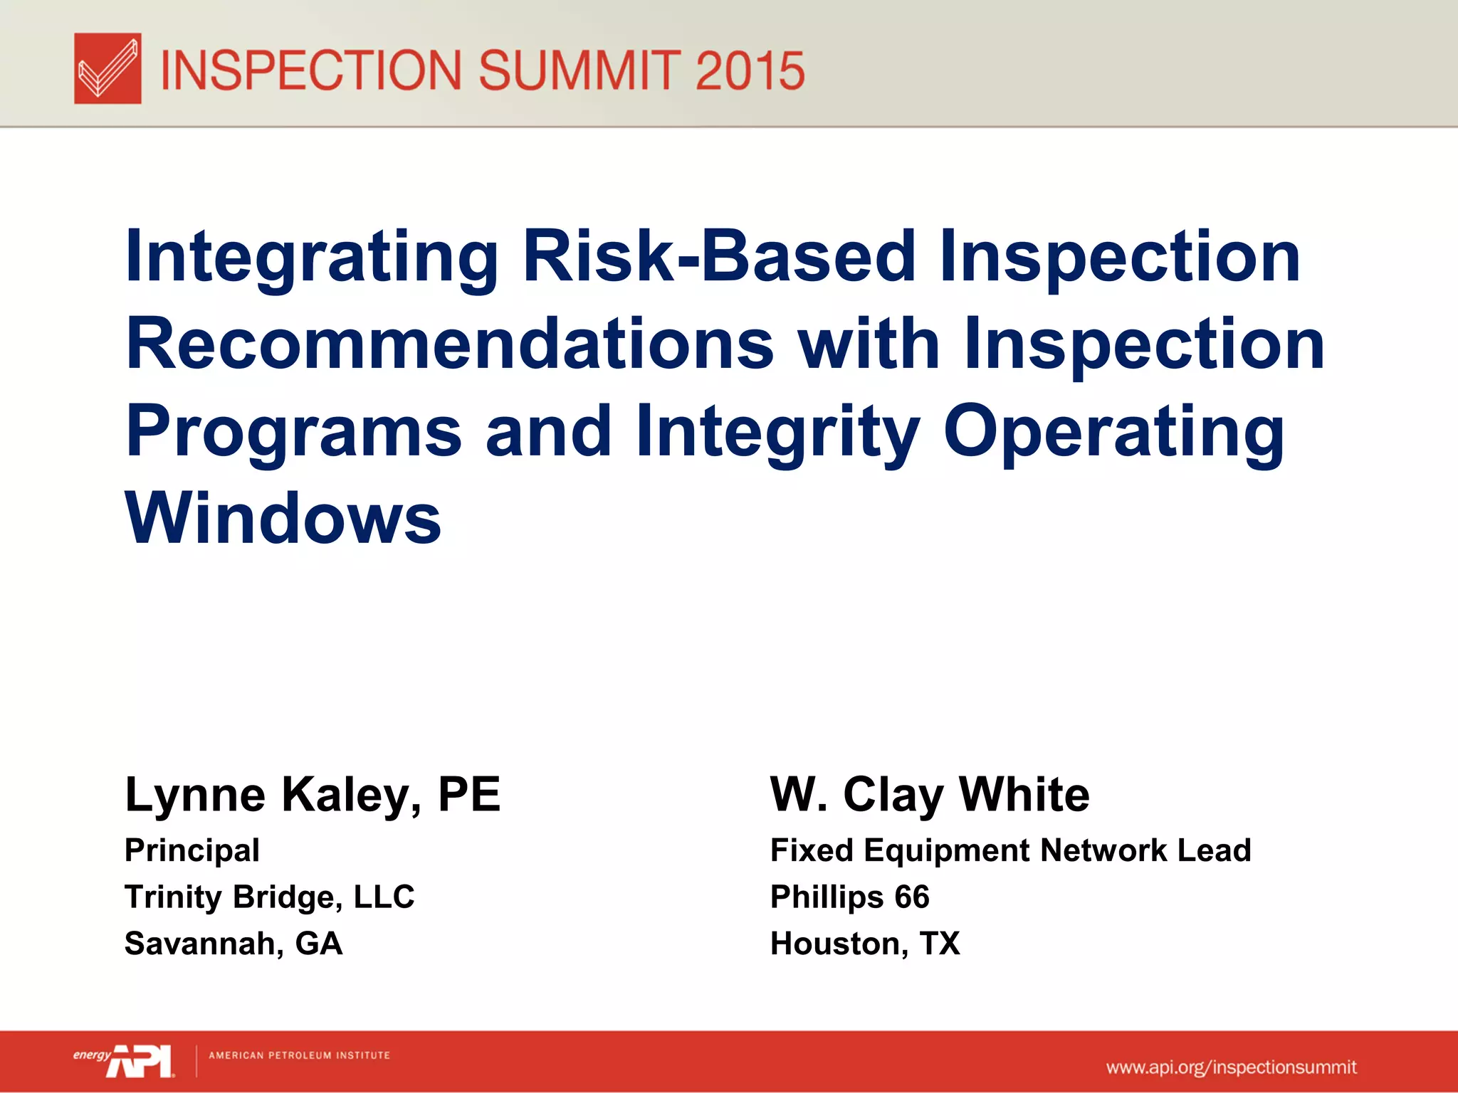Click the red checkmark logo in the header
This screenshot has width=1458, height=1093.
pyautogui.click(x=107, y=68)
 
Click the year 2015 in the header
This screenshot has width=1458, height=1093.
pyautogui.click(x=750, y=71)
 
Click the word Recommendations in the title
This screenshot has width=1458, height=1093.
pyautogui.click(x=450, y=344)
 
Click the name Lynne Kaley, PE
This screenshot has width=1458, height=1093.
pyautogui.click(x=313, y=794)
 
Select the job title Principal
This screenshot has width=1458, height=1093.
pyautogui.click(x=192, y=850)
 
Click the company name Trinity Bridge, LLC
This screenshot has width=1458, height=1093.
pyautogui.click(x=269, y=897)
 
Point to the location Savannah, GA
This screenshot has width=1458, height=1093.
pyautogui.click(x=234, y=944)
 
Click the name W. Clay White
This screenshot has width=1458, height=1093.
pyautogui.click(x=930, y=794)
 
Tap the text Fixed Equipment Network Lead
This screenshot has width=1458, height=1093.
pyautogui.click(x=1010, y=850)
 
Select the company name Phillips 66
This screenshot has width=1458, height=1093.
pyautogui.click(x=850, y=897)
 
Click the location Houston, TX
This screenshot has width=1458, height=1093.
pyautogui.click(x=865, y=944)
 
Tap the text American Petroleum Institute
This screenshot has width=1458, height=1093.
pyautogui.click(x=299, y=1055)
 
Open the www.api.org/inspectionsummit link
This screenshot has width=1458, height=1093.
pyautogui.click(x=1231, y=1067)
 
